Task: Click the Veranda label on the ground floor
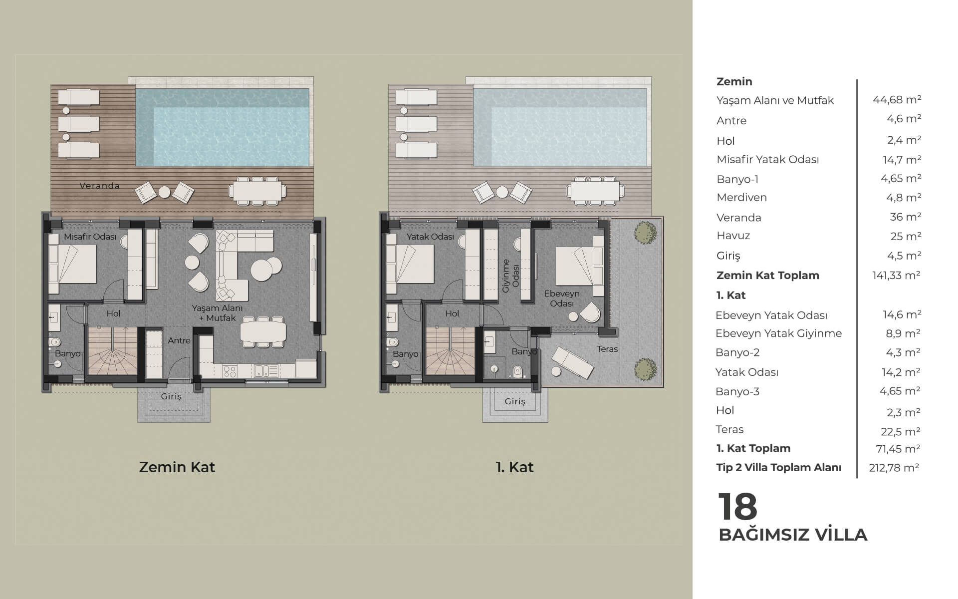coord(100,186)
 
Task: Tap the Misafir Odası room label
coord(90,237)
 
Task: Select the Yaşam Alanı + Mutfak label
coord(217,313)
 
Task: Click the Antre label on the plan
coord(179,340)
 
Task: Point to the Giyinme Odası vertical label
coord(510,276)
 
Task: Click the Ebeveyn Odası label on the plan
coord(562,299)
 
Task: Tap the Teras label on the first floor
coord(607,349)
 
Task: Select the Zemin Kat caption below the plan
coord(177,467)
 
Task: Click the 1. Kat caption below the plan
coord(514,467)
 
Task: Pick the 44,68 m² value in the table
coord(897,100)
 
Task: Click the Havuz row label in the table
coord(733,236)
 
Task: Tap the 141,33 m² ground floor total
coord(896,275)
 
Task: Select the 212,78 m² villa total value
coord(894,468)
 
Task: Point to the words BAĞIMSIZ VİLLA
coord(793,535)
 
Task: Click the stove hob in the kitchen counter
coord(230,371)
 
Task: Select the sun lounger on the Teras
coord(572,362)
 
